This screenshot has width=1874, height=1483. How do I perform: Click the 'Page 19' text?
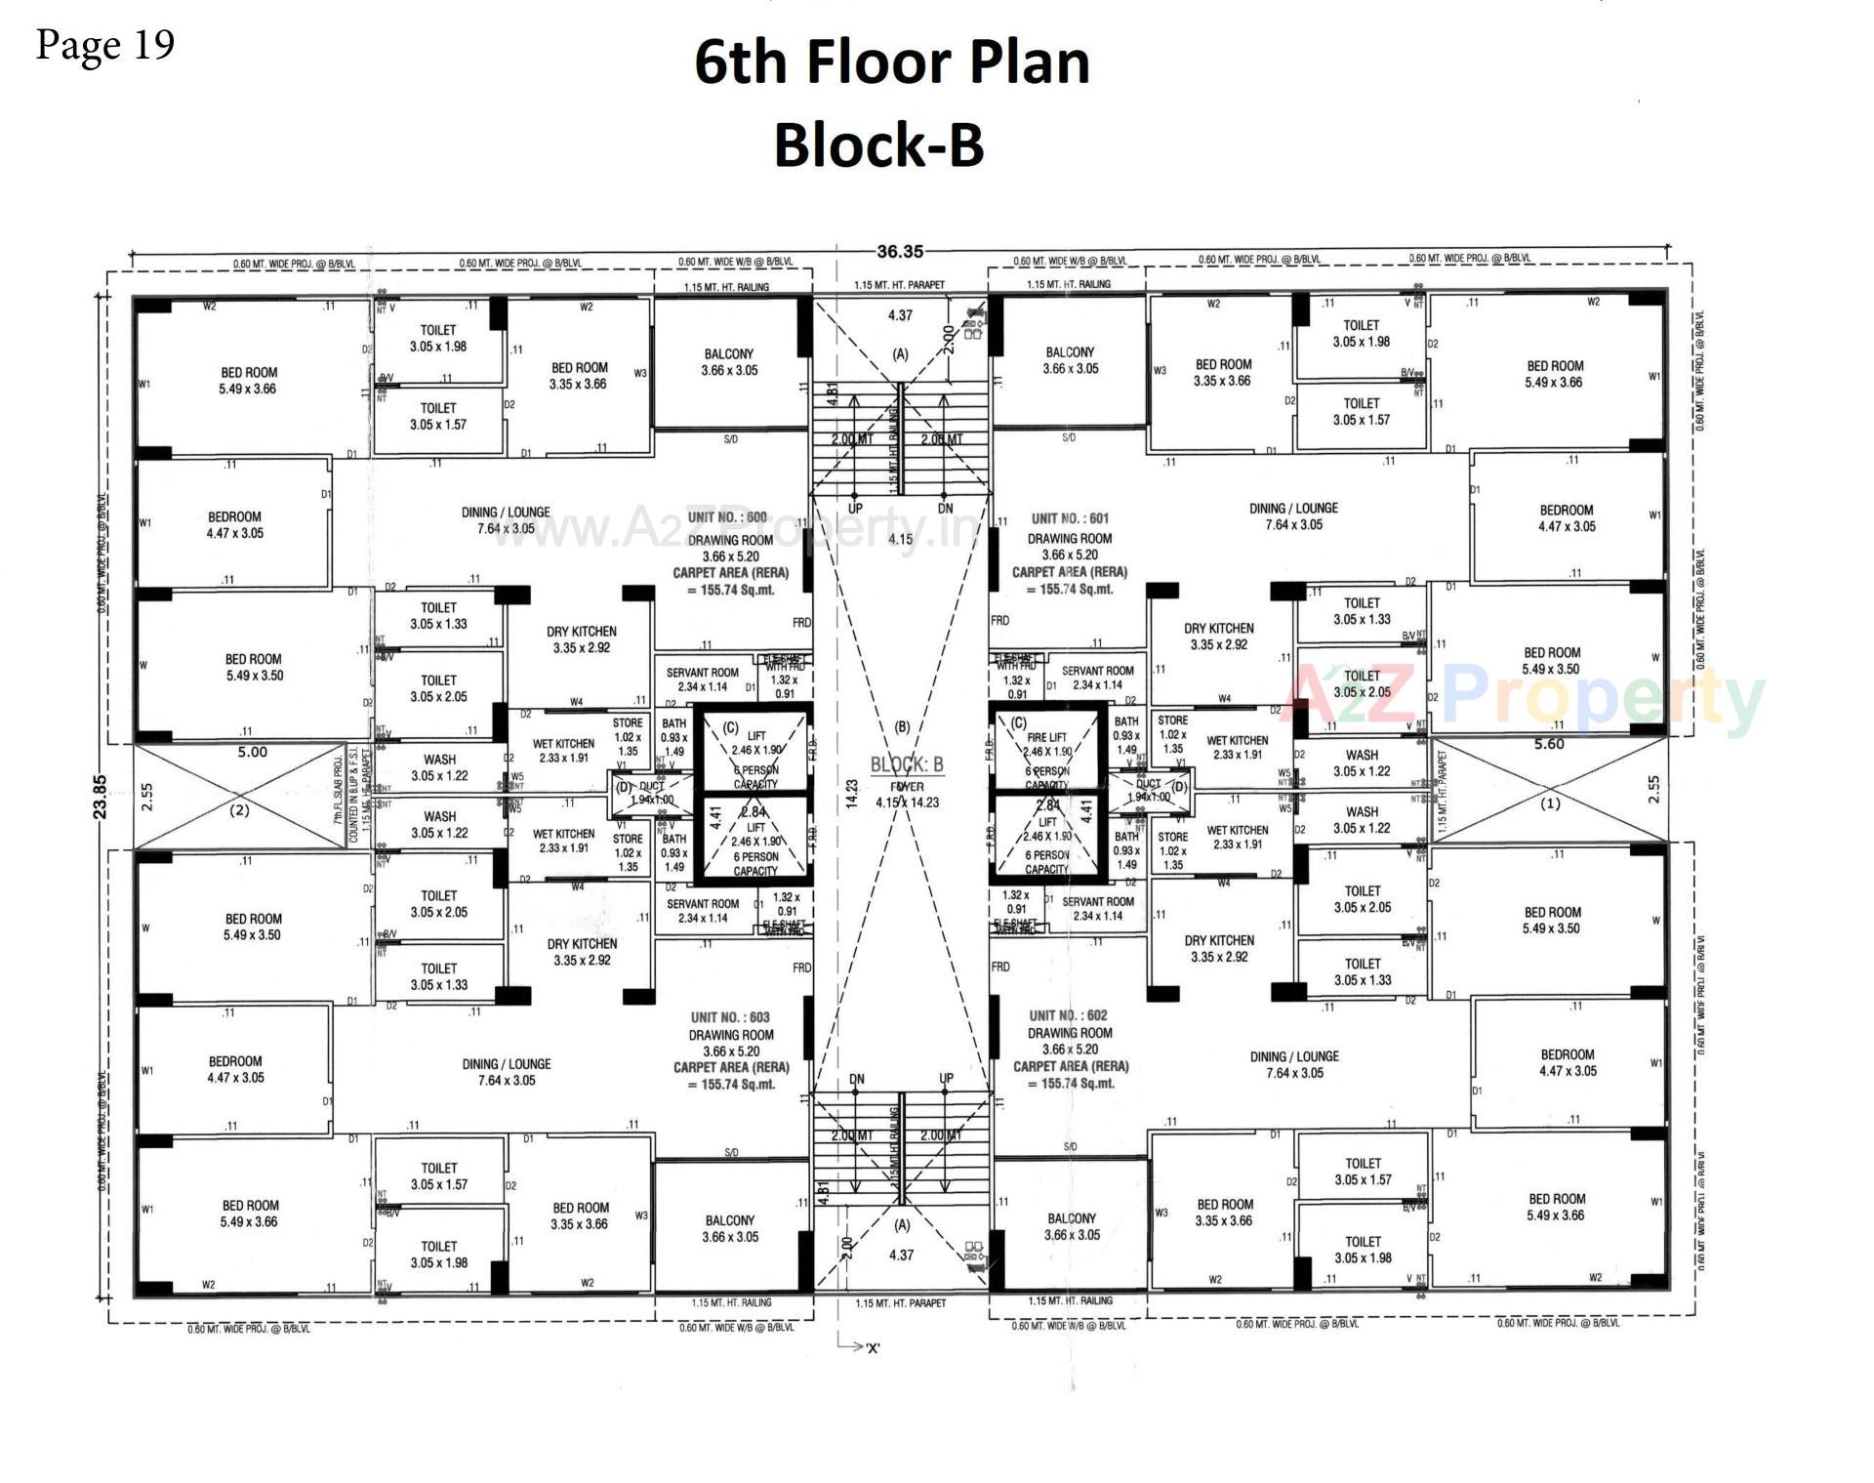point(105,45)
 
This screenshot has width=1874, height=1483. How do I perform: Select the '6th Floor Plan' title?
point(891,62)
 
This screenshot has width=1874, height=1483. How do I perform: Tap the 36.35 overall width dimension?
point(899,252)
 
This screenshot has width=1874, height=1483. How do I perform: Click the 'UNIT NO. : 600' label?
point(727,517)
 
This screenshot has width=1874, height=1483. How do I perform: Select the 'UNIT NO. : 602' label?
point(1069,1015)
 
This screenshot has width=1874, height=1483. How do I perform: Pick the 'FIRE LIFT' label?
point(1046,738)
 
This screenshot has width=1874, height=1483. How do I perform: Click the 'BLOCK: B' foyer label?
point(907,764)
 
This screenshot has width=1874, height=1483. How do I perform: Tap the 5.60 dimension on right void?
point(1549,745)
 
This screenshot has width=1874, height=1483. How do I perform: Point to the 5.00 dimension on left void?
point(252,753)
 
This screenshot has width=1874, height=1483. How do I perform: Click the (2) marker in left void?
point(239,809)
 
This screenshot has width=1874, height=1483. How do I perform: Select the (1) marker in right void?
point(1550,804)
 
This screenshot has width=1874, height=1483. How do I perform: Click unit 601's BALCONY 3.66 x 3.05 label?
point(1070,360)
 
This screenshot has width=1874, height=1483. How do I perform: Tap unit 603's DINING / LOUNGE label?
point(507,1072)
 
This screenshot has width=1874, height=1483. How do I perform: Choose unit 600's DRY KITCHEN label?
point(581,639)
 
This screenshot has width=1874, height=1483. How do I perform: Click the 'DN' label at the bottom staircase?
point(856,1079)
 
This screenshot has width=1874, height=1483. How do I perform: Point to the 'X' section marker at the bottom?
point(872,1348)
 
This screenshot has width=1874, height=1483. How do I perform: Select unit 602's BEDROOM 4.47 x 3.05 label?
point(1568,1062)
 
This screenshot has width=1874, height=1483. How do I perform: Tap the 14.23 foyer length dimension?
point(852,793)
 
